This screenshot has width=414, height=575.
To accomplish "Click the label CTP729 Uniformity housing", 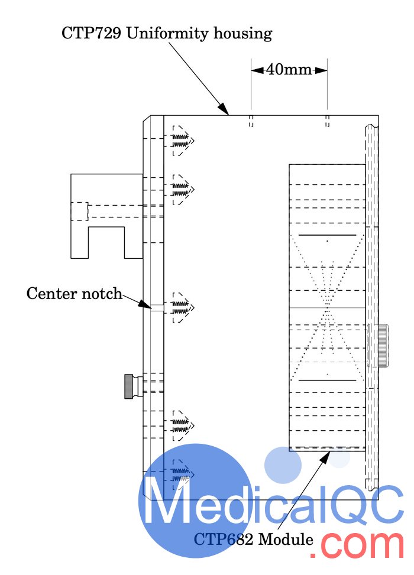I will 167,33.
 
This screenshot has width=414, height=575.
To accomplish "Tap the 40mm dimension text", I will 289,70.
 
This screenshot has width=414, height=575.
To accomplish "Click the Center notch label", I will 74,293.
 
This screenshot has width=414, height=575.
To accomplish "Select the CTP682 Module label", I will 254,539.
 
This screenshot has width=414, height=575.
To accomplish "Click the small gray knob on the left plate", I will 128,386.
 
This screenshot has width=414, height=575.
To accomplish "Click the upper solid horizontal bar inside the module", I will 327,235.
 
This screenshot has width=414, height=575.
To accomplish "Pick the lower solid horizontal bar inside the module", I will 327,380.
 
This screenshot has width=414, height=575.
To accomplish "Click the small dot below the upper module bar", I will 327,241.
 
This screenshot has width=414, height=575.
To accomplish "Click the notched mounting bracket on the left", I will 106,216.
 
